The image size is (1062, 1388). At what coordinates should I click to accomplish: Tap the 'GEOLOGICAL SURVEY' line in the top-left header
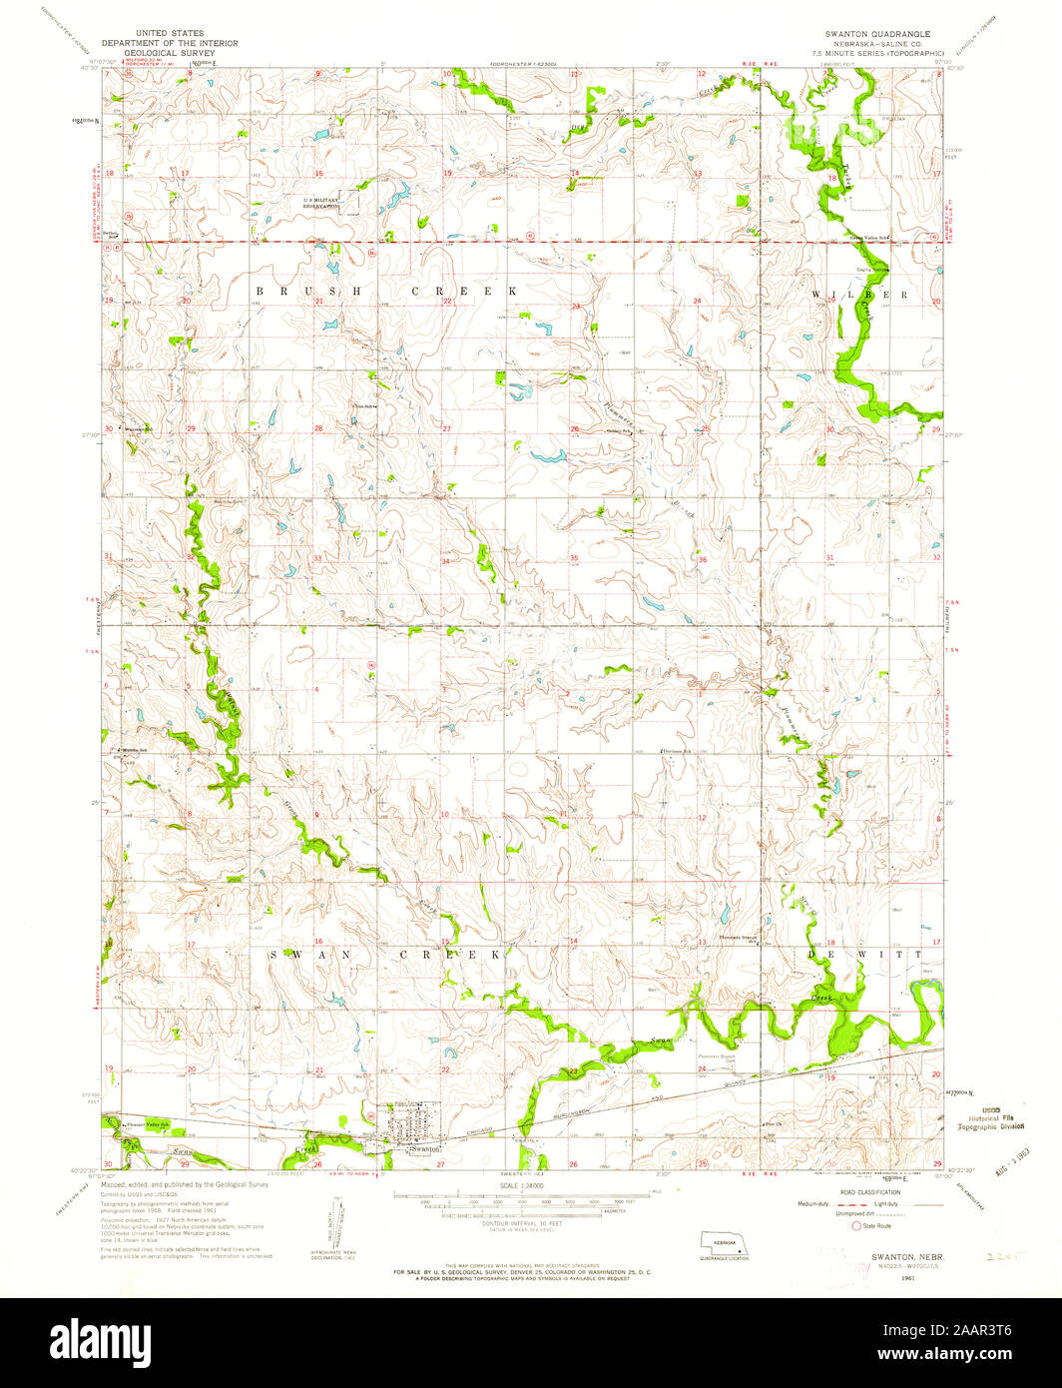coord(178,52)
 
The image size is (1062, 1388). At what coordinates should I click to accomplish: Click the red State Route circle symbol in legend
coord(855,1225)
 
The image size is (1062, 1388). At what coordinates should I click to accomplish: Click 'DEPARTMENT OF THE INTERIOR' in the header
coord(178,43)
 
